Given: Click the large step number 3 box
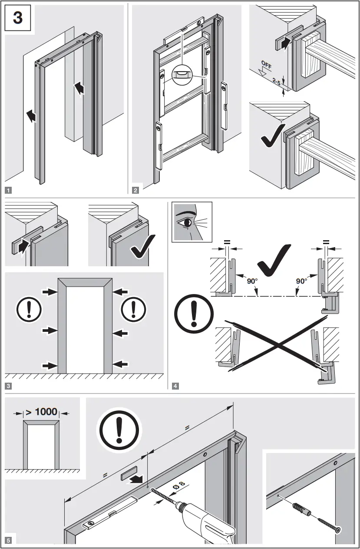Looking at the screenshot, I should (x=18, y=20).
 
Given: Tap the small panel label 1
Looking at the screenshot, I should (x=8, y=190).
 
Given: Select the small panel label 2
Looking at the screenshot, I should (x=136, y=190).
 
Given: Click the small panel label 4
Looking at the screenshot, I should (x=175, y=385).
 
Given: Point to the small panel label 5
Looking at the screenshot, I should (x=8, y=540).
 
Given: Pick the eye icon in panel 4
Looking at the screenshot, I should (x=192, y=222).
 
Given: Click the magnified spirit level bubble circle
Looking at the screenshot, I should (x=183, y=75).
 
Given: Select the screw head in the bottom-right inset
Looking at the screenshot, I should (x=337, y=529).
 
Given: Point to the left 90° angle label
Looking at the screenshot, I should (x=252, y=281).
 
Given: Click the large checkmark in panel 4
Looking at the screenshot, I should (x=272, y=261).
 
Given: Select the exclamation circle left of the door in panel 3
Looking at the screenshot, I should (x=29, y=310).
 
